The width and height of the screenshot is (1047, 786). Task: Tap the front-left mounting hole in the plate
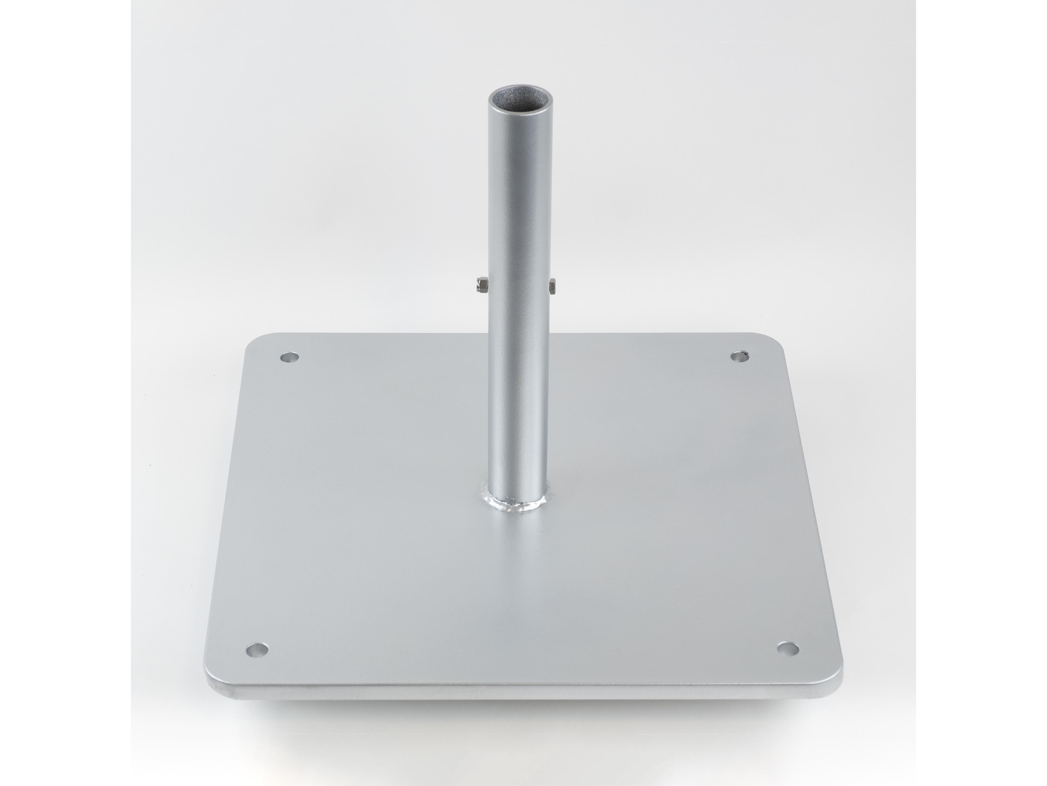[257, 649]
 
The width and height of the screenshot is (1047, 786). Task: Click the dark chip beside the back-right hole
[746, 353]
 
